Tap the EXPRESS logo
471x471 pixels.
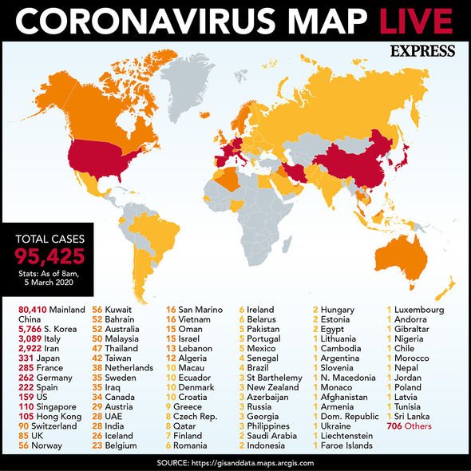click(423, 51)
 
